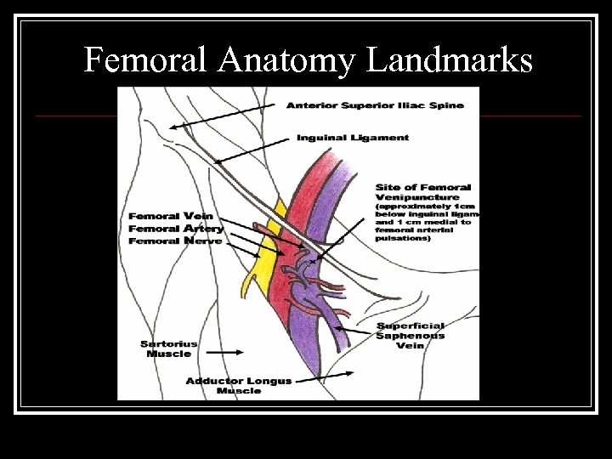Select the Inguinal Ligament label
(352, 137)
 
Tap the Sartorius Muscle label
(169, 348)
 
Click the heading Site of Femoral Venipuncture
(422, 192)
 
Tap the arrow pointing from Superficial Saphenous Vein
(356, 327)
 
